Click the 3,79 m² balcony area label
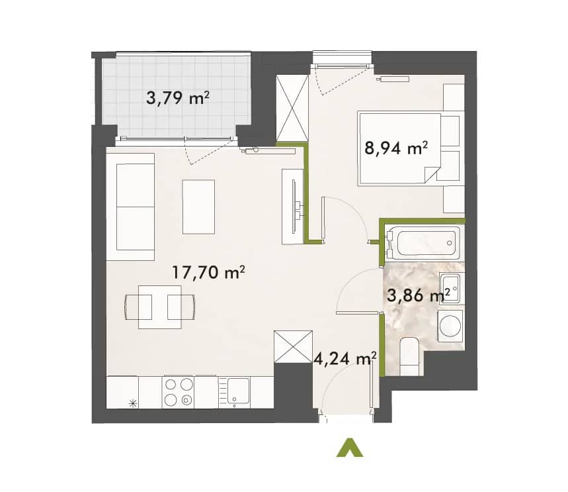click(x=177, y=97)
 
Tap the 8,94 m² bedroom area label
click(x=396, y=148)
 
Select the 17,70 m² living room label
click(x=208, y=272)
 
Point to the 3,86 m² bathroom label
click(x=419, y=295)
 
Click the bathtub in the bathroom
click(x=423, y=243)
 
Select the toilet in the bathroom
click(x=411, y=356)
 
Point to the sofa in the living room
click(x=136, y=207)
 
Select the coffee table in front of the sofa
click(x=198, y=207)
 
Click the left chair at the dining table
click(x=138, y=307)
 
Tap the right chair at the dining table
click(x=181, y=307)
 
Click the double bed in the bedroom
click(x=399, y=149)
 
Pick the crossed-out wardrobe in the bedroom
click(x=292, y=108)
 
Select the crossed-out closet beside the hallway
click(x=293, y=346)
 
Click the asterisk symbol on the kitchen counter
click(x=134, y=403)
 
